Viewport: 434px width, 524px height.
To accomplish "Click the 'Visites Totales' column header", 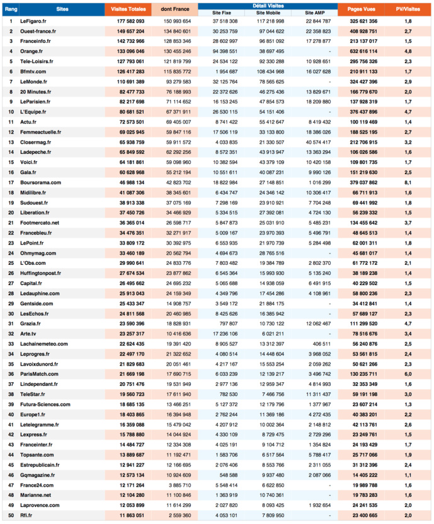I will (127, 9).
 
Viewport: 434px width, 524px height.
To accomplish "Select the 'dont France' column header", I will (174, 9).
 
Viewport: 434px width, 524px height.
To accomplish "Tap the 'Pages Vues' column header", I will (360, 9).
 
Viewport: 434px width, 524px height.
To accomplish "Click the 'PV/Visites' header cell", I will (409, 9).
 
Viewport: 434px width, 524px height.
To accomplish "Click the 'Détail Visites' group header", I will (268, 5).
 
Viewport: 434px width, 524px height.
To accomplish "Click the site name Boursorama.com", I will (40, 183).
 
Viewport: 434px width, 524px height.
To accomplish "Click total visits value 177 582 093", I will (131, 21).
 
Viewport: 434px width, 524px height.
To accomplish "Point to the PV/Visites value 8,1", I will (408, 183).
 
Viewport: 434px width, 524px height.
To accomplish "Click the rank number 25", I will (11, 263).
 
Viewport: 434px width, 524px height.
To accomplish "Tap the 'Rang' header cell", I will (11, 9).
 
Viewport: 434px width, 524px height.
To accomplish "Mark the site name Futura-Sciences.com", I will (45, 404).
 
